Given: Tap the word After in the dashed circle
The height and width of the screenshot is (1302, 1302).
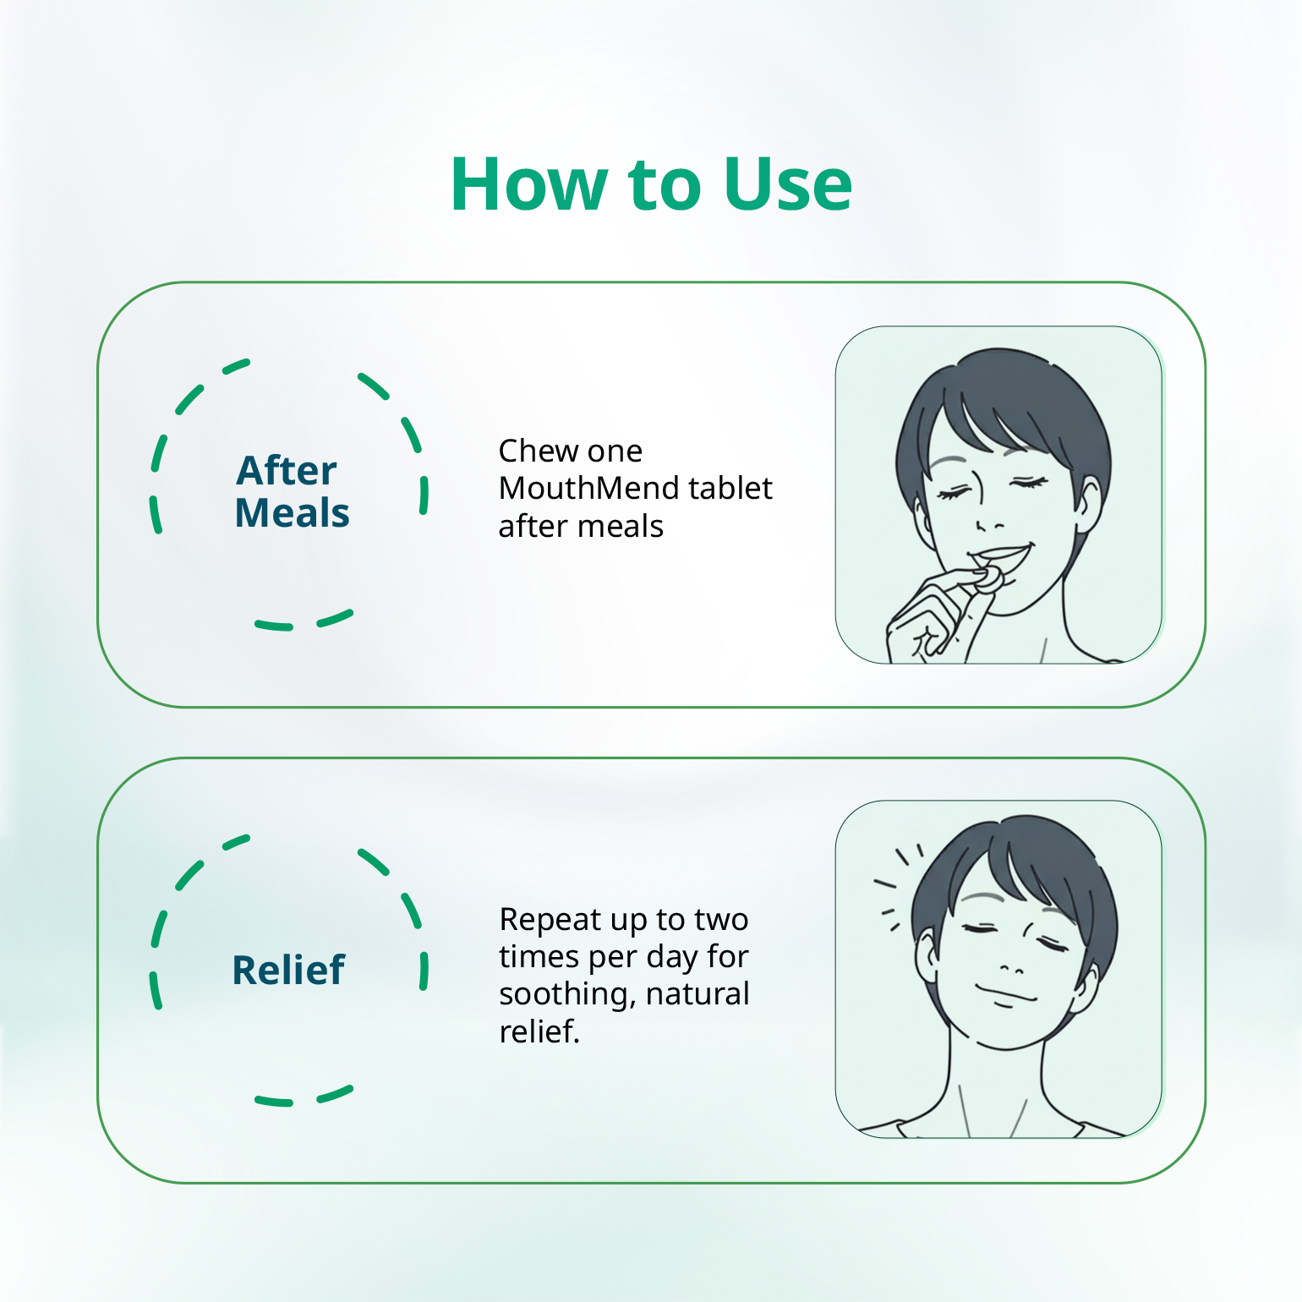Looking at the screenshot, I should (x=287, y=470).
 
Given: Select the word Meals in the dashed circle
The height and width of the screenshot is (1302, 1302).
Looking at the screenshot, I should (x=292, y=513).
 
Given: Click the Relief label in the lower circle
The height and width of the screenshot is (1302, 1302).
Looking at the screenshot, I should (x=288, y=970).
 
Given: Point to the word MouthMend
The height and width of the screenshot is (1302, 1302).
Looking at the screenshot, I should (x=589, y=488).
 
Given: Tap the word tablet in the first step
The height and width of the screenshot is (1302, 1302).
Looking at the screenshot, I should (x=730, y=488).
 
